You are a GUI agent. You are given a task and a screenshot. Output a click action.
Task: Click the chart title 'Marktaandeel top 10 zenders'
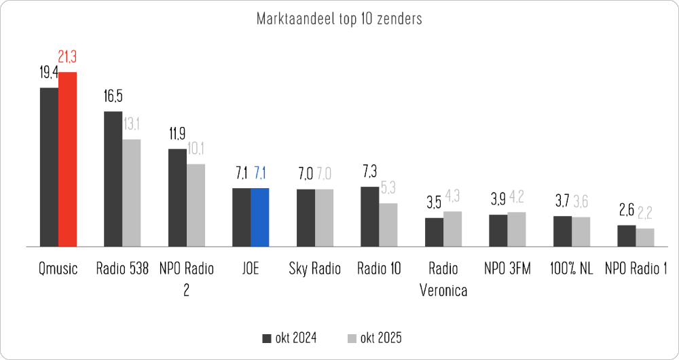coord(339,18)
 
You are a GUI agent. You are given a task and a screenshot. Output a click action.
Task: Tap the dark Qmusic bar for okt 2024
coord(49,166)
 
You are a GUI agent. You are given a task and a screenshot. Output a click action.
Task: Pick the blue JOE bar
coord(260,217)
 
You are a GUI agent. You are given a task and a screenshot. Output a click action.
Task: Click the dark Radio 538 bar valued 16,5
coord(113,178)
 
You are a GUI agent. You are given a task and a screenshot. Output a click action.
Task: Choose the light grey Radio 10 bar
coord(388,224)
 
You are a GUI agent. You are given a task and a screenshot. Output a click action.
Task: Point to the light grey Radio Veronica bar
coord(452,228)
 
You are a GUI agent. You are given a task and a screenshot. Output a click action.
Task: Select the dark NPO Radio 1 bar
coord(626,235)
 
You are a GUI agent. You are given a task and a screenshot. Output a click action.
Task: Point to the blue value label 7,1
coord(261,173)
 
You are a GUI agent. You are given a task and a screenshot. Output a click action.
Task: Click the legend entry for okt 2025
coord(374,338)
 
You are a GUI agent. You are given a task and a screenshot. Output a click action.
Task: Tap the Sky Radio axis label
coord(315,269)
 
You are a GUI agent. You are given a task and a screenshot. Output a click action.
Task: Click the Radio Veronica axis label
coord(443,279)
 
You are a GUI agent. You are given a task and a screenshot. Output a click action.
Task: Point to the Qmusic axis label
coord(58,269)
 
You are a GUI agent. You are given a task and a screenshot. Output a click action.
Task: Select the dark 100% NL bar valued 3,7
coord(562,231)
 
